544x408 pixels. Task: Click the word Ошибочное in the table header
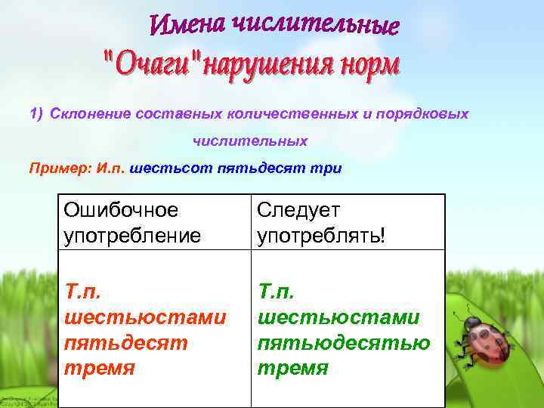click(122, 209)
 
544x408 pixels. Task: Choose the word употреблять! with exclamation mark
click(321, 235)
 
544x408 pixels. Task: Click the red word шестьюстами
click(144, 318)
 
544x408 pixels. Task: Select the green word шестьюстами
click(338, 318)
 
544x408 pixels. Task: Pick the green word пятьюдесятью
click(344, 344)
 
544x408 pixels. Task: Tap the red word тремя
click(100, 369)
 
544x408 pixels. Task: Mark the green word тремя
click(293, 369)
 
